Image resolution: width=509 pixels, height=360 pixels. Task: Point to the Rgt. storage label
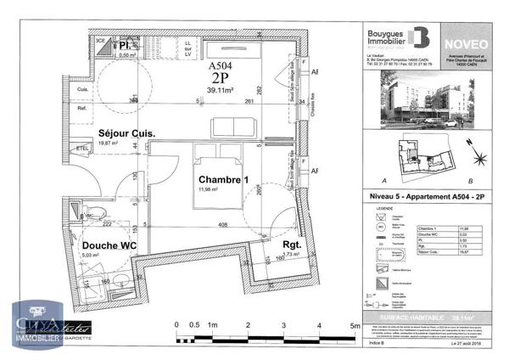(x=294, y=245)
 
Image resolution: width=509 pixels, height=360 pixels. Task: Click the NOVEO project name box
(x=466, y=37)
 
